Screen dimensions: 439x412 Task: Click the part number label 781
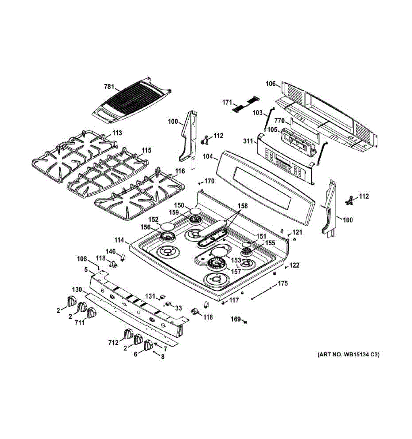coord(109,87)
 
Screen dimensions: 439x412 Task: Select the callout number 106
coord(271,84)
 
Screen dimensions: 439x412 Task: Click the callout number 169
coord(235,319)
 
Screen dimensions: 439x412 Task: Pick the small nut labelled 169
coord(245,322)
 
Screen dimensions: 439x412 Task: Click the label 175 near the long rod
coord(283,283)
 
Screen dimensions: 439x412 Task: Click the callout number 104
coord(208,156)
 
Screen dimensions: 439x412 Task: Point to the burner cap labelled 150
coord(195,211)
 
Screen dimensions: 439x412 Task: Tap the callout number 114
coord(119,240)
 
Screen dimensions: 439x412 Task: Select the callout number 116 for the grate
coord(179,171)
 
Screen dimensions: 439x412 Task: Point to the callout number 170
coord(209,181)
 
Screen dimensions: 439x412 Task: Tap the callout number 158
coord(242,206)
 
